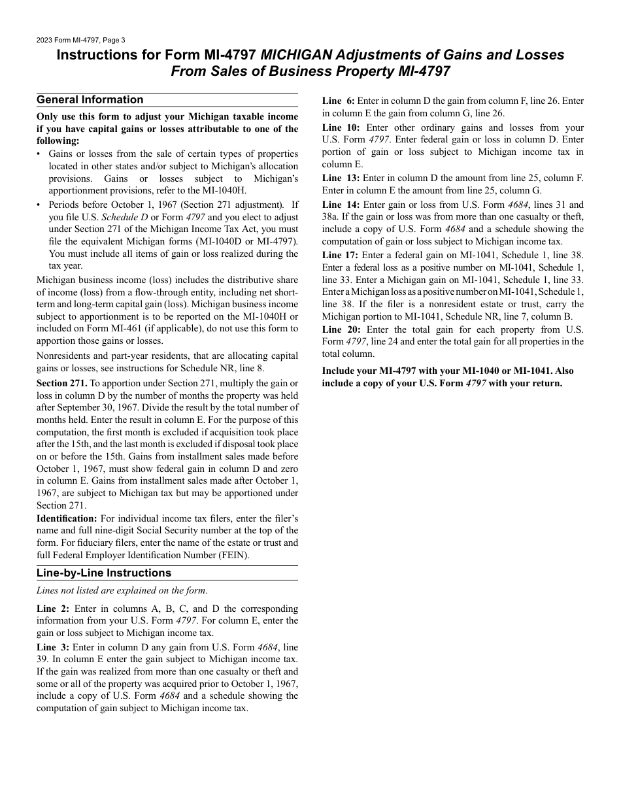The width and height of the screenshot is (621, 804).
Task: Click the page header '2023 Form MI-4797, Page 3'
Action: coord(81,40)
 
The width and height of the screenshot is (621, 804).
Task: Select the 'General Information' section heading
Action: coord(90,100)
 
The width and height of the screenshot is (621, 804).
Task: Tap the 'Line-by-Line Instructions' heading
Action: coord(103,573)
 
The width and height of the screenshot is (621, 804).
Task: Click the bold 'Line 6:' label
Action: coord(339,101)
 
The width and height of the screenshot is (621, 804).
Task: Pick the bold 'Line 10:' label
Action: coord(341,128)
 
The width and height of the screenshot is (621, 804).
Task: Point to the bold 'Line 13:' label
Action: coord(341,178)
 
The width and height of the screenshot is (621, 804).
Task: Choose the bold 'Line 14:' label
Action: coord(341,205)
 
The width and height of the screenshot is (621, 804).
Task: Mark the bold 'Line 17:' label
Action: coord(341,255)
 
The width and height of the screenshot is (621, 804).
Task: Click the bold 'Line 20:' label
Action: coord(341,329)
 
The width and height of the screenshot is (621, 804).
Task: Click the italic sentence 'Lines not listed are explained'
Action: coord(122,591)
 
